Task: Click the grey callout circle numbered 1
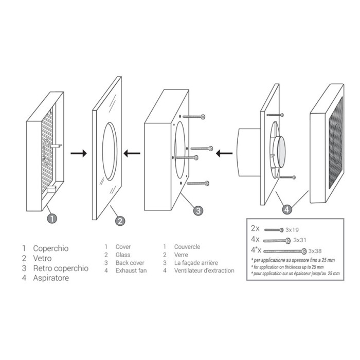pyautogui.click(x=52, y=218)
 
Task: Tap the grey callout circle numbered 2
pyautogui.click(x=120, y=222)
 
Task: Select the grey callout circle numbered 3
pyautogui.click(x=198, y=210)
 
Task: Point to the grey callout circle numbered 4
pyautogui.click(x=288, y=209)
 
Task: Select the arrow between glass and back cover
pyautogui.click(x=132, y=153)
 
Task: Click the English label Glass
pyautogui.click(x=123, y=255)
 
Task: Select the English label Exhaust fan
pyautogui.click(x=132, y=271)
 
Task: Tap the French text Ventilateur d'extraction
pyautogui.click(x=204, y=271)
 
